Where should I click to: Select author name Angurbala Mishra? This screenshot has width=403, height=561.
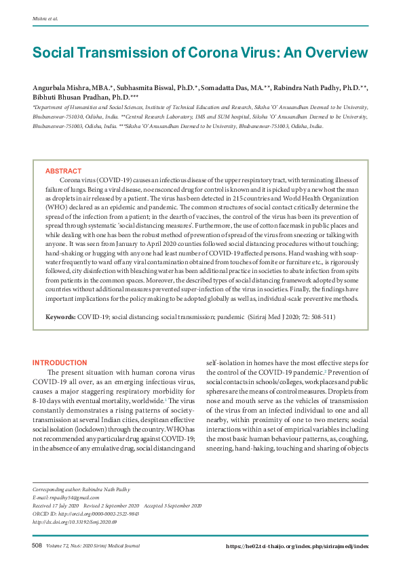(x=64, y=89)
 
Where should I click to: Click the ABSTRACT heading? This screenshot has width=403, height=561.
(x=63, y=171)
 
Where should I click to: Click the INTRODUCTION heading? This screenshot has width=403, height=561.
(x=60, y=363)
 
